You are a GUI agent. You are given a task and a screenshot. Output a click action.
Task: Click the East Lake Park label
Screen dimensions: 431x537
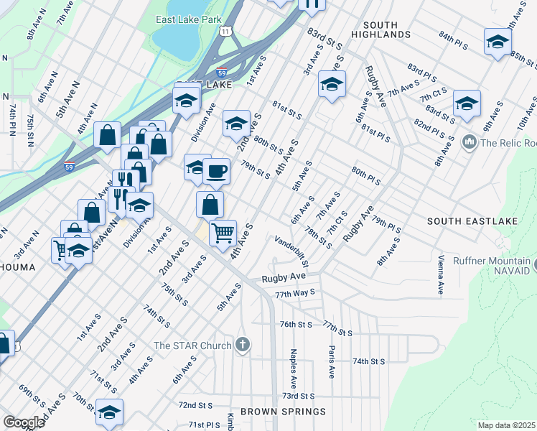tap(189, 19)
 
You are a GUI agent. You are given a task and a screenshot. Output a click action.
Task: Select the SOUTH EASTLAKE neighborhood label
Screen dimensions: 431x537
tap(464, 221)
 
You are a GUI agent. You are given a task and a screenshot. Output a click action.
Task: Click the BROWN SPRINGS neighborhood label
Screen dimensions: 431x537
tap(283, 412)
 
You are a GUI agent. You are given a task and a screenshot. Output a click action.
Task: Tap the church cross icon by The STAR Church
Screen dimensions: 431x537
tap(243, 345)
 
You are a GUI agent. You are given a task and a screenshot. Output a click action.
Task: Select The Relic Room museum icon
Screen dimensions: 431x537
tap(470, 142)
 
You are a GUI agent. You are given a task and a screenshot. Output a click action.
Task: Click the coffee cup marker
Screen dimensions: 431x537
tap(216, 172)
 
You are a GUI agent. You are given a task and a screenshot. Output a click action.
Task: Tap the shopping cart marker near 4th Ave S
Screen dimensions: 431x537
tap(223, 233)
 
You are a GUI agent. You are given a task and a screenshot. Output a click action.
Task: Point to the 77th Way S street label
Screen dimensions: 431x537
tap(294, 292)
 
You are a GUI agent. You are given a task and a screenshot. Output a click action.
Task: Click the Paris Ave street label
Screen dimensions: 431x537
tap(332, 363)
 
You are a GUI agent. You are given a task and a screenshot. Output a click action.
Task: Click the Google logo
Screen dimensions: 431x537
tap(24, 422)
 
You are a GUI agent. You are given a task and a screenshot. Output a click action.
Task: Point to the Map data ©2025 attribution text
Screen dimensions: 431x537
tap(506, 425)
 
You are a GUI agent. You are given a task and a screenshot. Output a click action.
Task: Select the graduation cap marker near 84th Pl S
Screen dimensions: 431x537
tap(498, 41)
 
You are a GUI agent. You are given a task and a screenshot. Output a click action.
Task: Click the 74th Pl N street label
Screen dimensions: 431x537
tap(13, 119)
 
